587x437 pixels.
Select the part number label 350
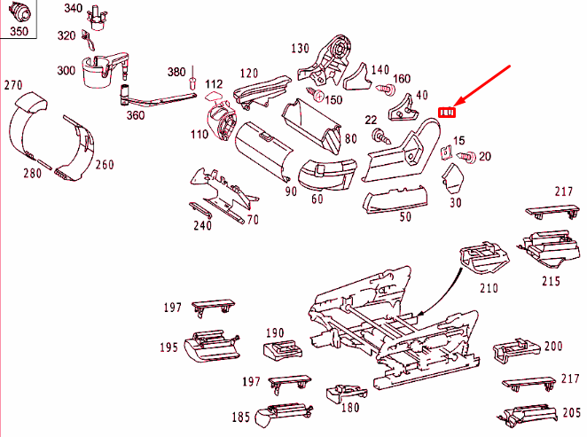point(19,32)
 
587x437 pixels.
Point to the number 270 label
point(12,85)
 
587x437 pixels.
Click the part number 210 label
point(489,288)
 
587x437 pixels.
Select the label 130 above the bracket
point(300,48)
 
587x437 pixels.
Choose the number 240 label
point(203,225)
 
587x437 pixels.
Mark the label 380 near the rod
point(177,72)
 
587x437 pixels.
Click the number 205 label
point(572,412)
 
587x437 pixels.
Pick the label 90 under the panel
point(266,191)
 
